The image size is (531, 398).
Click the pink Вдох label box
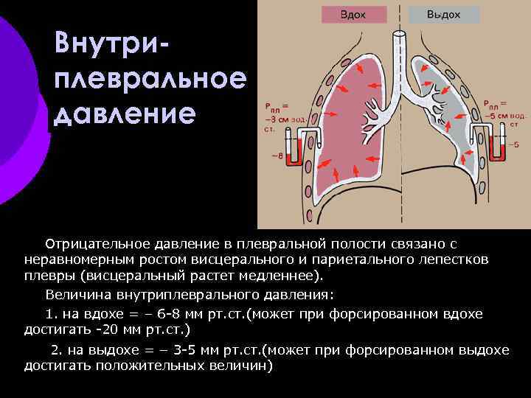point(353,15)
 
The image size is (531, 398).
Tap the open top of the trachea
point(400,34)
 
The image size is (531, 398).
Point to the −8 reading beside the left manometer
point(276,156)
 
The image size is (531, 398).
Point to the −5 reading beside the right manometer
point(515,145)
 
